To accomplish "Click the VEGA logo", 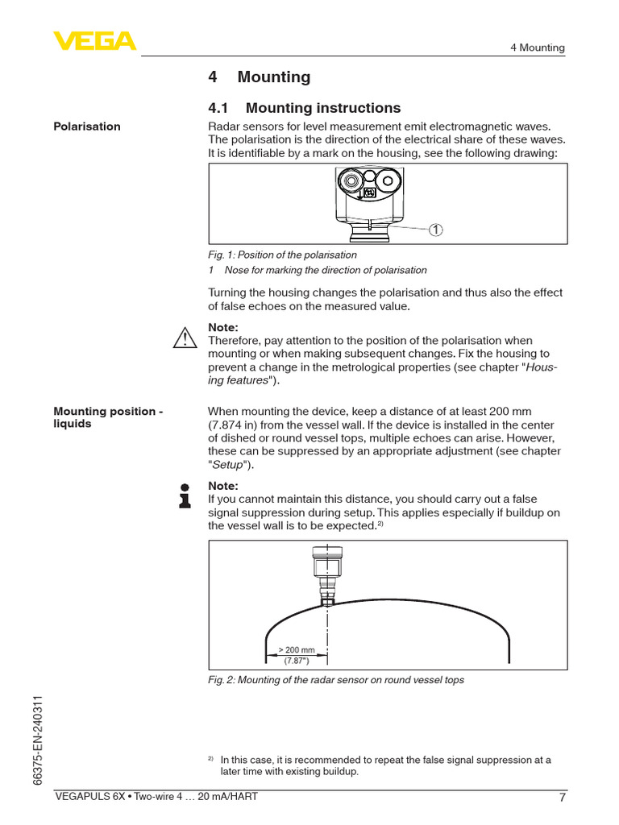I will (94, 41).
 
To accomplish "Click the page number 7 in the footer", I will (562, 799).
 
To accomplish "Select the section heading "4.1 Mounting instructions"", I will (304, 108).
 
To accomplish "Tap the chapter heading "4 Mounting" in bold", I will (259, 77).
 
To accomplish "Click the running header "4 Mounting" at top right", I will (537, 48).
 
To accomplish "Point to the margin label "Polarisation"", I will (87, 126).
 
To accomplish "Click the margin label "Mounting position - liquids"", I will (108, 417).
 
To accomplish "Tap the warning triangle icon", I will (185, 338).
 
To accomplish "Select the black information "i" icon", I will (185, 495).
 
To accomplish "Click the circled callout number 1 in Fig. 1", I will (435, 230).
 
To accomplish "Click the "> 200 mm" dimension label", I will (297, 649).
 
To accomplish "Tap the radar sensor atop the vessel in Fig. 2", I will (326, 574).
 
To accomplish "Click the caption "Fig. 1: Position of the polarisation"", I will (282, 255).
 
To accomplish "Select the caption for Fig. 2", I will (336, 680).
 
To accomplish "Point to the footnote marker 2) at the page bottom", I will (210, 758).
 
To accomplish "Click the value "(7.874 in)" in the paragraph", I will (236, 425).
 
